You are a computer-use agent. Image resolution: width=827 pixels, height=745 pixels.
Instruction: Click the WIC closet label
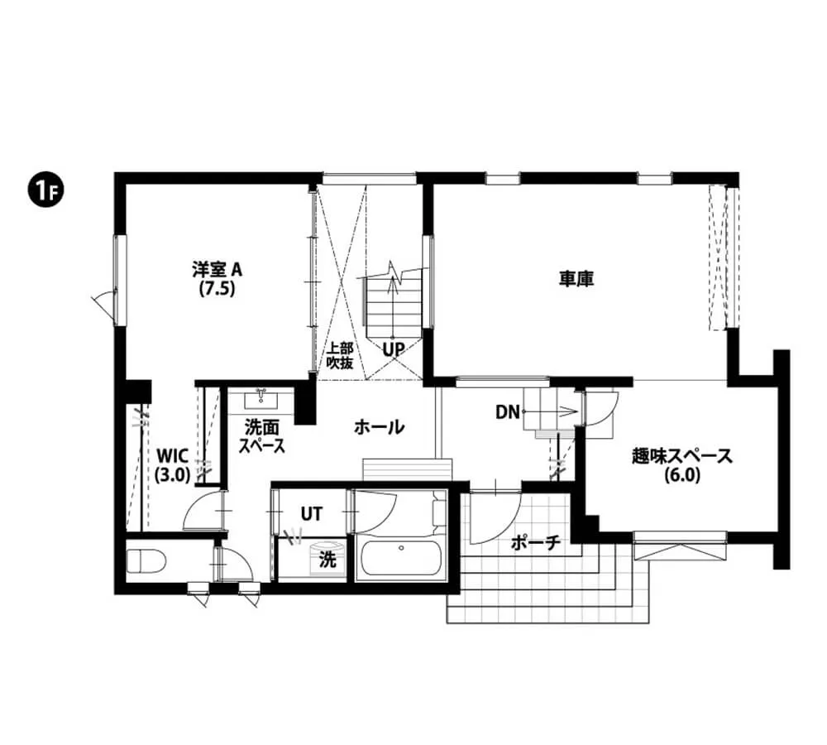(x=173, y=455)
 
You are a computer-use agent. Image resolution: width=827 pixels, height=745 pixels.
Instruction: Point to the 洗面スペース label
(x=262, y=437)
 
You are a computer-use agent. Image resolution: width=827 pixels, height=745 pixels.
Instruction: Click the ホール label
(x=379, y=427)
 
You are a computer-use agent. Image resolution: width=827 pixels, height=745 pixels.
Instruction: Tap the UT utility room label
(x=311, y=514)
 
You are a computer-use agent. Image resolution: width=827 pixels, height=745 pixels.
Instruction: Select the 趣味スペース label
(x=681, y=455)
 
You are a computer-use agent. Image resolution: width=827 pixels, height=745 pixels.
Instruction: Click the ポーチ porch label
(x=536, y=543)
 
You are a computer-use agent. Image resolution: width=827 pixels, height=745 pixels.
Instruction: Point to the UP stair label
(x=393, y=349)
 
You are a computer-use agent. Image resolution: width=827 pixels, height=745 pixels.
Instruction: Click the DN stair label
(x=507, y=411)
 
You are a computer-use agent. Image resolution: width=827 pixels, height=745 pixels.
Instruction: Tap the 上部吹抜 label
(x=340, y=355)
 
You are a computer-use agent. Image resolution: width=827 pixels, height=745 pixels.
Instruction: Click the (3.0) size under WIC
(x=173, y=475)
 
